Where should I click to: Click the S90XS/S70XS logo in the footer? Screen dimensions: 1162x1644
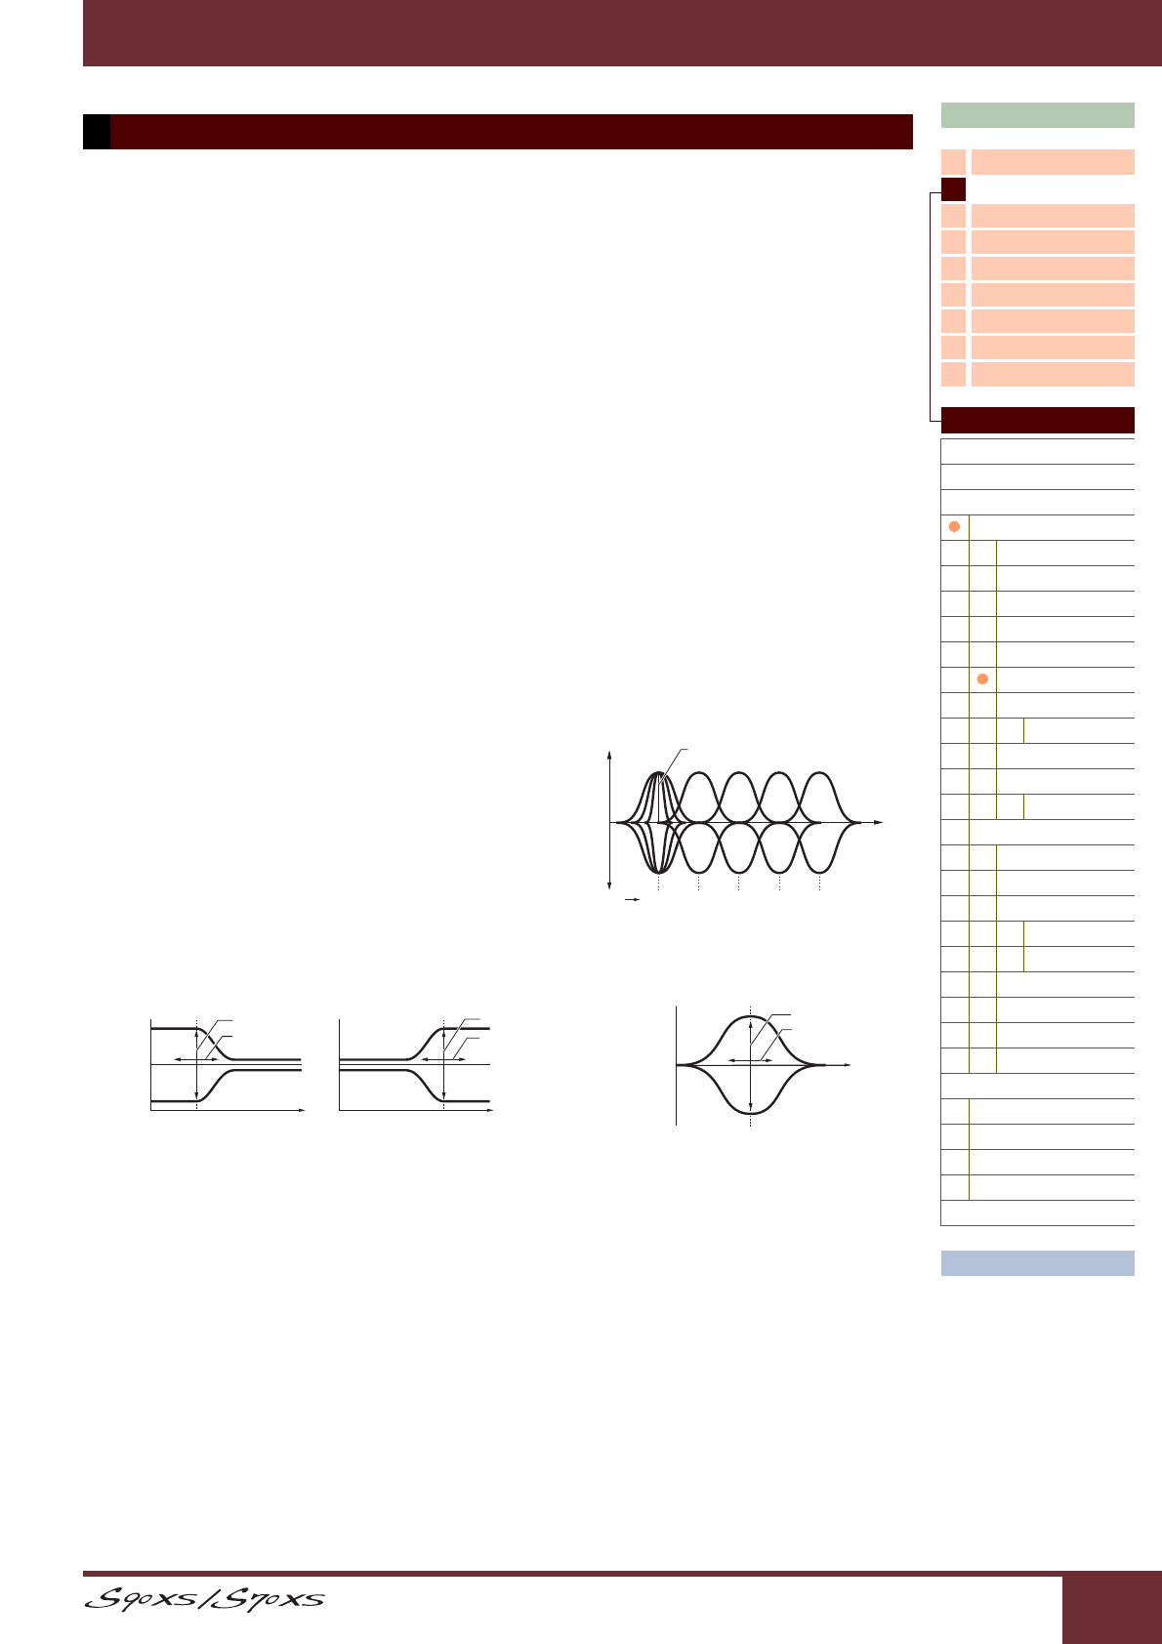point(204,1598)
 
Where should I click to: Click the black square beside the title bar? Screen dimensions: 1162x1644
point(96,132)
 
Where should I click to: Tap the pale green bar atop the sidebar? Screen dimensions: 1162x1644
point(1037,115)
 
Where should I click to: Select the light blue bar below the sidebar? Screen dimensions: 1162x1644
point(1037,1263)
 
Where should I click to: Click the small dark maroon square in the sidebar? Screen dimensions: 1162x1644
point(953,189)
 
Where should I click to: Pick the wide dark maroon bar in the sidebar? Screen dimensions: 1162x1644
point(1037,420)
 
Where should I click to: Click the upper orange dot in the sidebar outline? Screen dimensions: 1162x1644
point(954,526)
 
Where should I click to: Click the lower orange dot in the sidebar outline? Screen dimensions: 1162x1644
point(982,678)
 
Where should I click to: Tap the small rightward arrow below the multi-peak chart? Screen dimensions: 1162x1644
point(632,899)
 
